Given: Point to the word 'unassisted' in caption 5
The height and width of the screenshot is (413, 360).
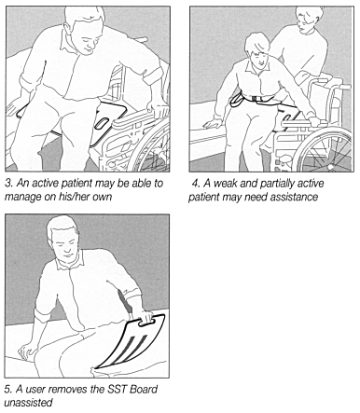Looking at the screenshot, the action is click(28, 403).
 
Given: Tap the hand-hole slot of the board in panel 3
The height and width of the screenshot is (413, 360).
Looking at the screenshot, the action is click(101, 124).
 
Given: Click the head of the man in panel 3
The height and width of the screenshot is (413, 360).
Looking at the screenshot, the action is click(86, 30).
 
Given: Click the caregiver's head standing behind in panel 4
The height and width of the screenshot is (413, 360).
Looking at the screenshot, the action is click(309, 20).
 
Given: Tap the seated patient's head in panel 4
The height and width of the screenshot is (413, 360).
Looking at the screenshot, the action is click(257, 50).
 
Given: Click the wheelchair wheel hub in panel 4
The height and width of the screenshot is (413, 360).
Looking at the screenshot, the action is click(331, 167).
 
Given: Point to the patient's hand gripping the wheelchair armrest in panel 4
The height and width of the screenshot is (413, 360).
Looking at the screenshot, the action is click(315, 120).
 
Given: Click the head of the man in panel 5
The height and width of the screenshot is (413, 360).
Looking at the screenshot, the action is click(62, 238).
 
